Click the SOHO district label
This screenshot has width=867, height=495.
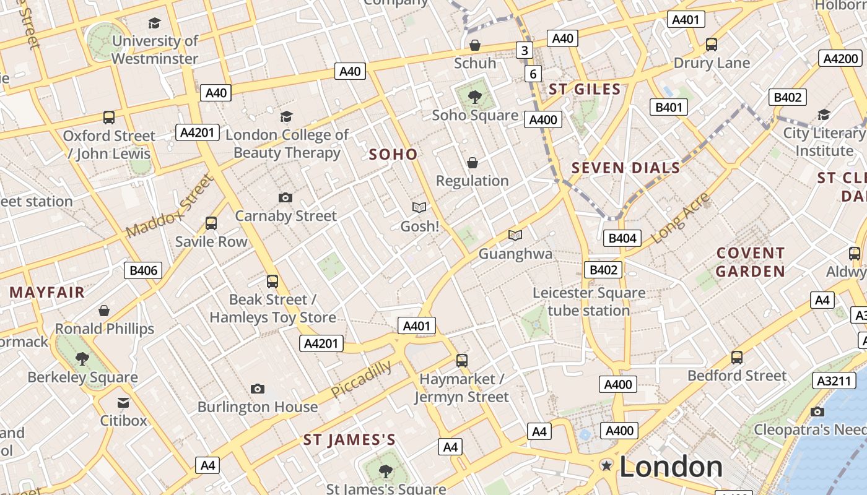point(393,155)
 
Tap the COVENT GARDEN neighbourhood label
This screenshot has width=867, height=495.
point(751,262)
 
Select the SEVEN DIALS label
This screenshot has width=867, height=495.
point(625,168)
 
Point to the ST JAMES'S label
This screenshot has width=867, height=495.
point(349,440)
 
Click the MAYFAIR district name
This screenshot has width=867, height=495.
point(47,293)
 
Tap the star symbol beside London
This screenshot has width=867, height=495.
point(606,466)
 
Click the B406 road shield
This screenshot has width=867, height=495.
point(143,270)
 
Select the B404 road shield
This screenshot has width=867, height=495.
point(622,238)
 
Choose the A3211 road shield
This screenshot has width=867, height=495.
point(834,381)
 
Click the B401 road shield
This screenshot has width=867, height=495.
point(669,107)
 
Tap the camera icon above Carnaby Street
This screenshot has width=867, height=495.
point(285,197)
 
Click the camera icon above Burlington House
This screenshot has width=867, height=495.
point(258,389)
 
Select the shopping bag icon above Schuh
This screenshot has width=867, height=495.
point(475,45)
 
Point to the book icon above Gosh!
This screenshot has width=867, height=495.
point(419,208)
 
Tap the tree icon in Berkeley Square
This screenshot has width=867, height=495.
point(82,358)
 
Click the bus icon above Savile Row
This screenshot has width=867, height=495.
point(211,223)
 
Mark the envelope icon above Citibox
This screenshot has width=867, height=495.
point(123,403)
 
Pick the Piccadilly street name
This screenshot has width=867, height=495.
point(362,379)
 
